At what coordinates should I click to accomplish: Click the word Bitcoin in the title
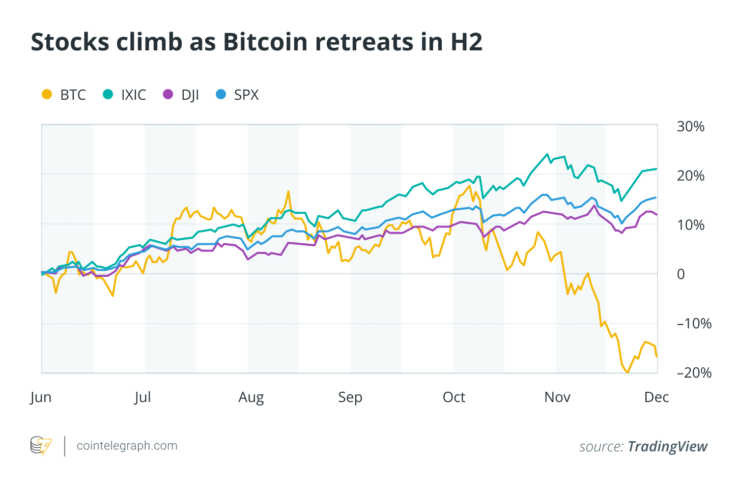[x=265, y=42]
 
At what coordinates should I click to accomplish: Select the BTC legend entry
[x=64, y=95]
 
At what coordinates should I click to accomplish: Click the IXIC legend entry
[x=125, y=95]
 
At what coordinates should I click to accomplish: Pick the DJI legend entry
[x=182, y=95]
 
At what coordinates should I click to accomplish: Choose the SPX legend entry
[x=238, y=95]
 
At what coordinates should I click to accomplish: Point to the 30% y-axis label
[x=690, y=127]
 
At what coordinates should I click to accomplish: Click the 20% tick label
[x=690, y=176]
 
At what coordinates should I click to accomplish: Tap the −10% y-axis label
[x=693, y=324]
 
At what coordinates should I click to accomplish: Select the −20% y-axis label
[x=693, y=373]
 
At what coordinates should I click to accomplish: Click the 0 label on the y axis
[x=680, y=274]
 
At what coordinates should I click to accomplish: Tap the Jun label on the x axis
[x=41, y=397]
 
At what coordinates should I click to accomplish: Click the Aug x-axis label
[x=251, y=397]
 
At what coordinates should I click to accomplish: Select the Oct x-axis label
[x=454, y=397]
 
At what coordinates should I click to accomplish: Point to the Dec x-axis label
[x=656, y=397]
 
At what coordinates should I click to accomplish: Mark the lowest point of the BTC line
[x=628, y=373]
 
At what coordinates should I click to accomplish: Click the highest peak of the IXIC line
[x=547, y=154]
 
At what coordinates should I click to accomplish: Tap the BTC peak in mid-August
[x=289, y=191]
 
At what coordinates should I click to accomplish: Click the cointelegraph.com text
[x=127, y=446]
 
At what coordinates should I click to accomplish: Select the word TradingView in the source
[x=667, y=447]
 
